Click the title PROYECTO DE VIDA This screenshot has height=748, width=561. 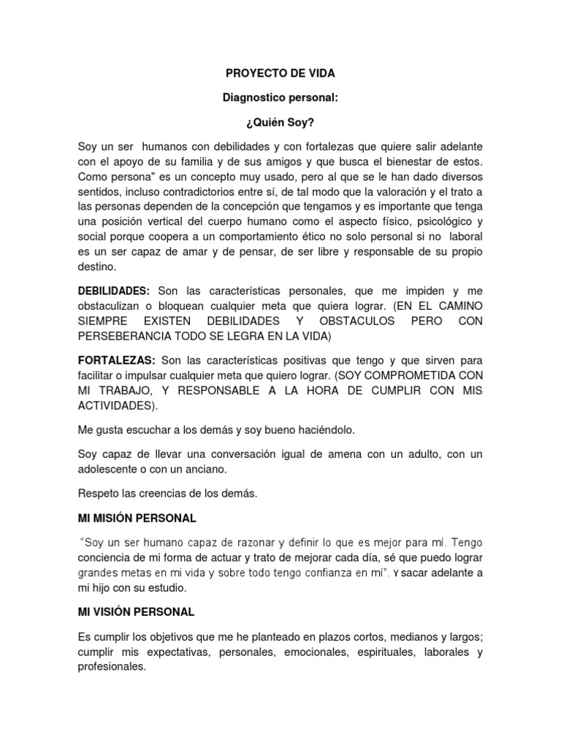[280, 74]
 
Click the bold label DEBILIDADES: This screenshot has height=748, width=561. [114, 291]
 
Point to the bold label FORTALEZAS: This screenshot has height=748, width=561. [116, 360]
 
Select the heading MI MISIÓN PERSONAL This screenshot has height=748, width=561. [137, 518]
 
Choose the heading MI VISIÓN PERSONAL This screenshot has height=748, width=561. [136, 611]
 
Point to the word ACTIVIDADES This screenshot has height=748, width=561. [115, 405]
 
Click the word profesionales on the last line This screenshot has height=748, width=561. [112, 668]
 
